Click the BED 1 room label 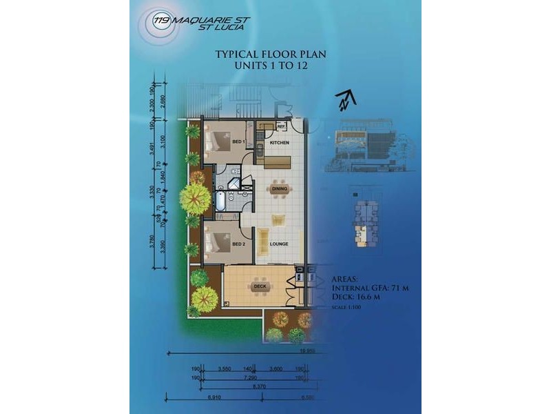click(x=239, y=142)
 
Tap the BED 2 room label click(x=239, y=244)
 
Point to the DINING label click(x=279, y=188)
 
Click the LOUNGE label click(x=279, y=244)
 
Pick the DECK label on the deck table click(x=260, y=285)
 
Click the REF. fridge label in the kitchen click(x=281, y=127)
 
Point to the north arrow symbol click(x=346, y=100)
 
